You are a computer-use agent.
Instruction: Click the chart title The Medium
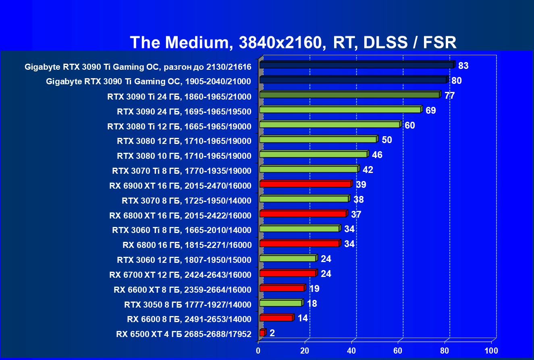[x=293, y=42]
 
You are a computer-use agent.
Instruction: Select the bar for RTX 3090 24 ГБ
[x=340, y=110]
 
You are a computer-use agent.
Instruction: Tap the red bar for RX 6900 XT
[x=305, y=184]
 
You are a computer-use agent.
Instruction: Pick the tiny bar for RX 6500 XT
[x=262, y=333]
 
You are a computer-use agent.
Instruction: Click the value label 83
[x=463, y=66]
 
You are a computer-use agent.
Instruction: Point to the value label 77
[x=449, y=96]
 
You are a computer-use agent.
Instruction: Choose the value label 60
[x=409, y=125]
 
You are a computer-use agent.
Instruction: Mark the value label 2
[x=272, y=333]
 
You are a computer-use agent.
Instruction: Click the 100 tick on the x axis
[x=492, y=350]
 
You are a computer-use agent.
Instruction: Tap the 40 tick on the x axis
[x=352, y=350]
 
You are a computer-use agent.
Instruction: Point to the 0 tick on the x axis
[x=258, y=350]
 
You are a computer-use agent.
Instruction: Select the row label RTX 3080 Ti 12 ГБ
[x=179, y=127]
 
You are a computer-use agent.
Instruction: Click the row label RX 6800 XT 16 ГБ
[x=180, y=216]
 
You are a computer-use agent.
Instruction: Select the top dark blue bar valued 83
[x=356, y=65]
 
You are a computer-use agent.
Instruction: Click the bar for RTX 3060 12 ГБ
[x=287, y=258]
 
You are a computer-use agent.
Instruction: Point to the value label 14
[x=303, y=318]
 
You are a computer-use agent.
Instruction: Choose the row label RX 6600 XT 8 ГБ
[x=183, y=290]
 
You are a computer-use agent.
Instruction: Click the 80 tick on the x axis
[x=445, y=350]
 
